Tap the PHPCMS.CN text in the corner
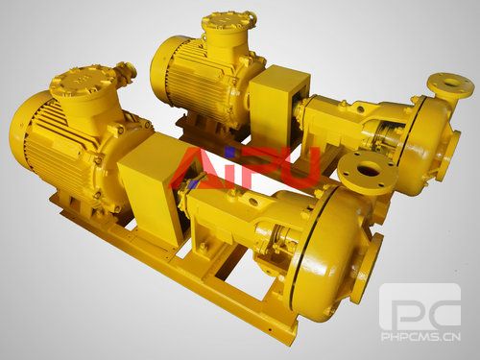420,336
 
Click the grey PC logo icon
420,305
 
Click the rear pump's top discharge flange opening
452,84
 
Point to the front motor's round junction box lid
80,80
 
